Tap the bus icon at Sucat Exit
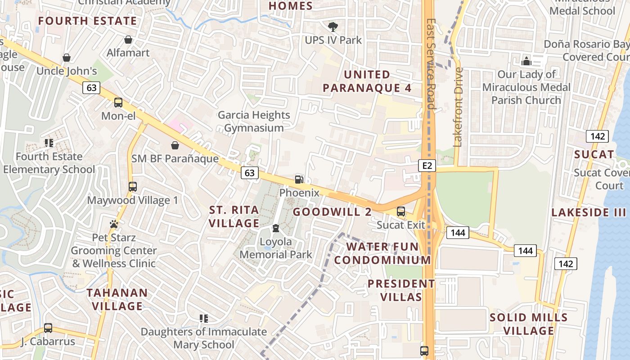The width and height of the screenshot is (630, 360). (x=400, y=211)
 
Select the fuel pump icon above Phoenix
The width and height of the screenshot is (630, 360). (x=299, y=180)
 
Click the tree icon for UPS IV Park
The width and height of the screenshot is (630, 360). (x=333, y=27)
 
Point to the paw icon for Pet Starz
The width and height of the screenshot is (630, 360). (x=114, y=224)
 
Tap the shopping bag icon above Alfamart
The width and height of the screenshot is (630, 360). (x=128, y=40)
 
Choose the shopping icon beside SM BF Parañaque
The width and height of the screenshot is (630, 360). (x=175, y=145)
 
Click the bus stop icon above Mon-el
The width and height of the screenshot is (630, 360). (x=118, y=103)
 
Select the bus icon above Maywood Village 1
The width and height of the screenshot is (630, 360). (x=132, y=187)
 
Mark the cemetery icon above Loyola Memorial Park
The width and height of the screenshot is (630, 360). (x=276, y=229)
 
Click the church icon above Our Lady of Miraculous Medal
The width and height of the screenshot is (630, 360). (x=526, y=61)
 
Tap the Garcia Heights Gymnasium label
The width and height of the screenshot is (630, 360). (x=254, y=121)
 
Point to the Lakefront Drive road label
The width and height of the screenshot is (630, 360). (x=458, y=107)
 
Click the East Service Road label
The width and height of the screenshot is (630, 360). (x=431, y=64)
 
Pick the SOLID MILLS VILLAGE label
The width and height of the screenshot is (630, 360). (x=528, y=324)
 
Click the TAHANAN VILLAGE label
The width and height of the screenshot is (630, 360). (x=117, y=300)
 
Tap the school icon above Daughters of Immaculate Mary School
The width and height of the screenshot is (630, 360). (x=203, y=319)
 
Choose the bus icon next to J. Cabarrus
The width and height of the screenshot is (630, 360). (x=48, y=328)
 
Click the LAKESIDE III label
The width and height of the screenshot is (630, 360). (x=589, y=212)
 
